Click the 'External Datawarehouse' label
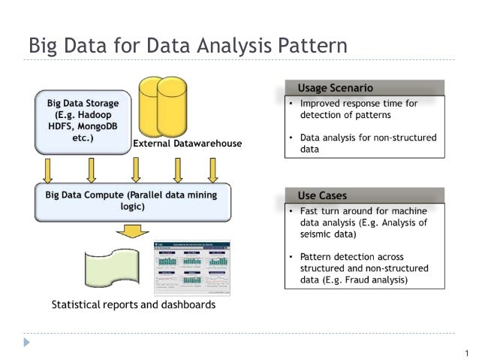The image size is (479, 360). point(187,144)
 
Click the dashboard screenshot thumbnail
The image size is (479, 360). point(192,268)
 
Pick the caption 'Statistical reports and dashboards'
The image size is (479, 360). point(133,305)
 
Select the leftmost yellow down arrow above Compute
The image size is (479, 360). point(48,170)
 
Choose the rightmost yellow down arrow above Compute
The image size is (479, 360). point(213,170)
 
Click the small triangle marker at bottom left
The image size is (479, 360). point(28,341)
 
